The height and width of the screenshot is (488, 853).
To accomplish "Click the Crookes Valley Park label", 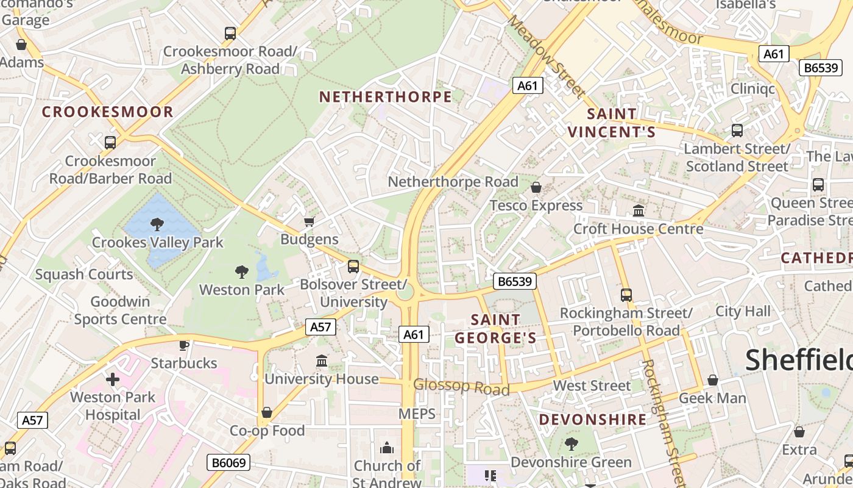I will (158, 242).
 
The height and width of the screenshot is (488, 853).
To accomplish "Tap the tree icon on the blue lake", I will (157, 224).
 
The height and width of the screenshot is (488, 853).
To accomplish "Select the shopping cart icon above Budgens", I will (310, 221).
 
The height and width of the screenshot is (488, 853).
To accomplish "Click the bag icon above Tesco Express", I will (536, 187).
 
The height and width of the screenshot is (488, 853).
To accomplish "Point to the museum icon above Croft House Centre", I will (639, 211).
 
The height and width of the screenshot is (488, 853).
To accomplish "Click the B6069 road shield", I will (229, 462).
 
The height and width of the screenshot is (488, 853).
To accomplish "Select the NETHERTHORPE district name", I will (386, 97).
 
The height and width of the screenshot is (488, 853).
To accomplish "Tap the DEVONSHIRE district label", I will (593, 420).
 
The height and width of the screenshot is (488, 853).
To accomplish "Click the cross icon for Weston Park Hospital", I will (113, 379).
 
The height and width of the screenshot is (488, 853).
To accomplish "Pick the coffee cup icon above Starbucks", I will (183, 345).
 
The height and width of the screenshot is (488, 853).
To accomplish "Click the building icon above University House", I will (322, 361).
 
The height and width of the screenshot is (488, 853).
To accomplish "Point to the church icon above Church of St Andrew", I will (387, 448).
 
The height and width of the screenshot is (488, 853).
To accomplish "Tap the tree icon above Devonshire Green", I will (571, 443).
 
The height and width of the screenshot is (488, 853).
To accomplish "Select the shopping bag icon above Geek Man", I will (712, 381).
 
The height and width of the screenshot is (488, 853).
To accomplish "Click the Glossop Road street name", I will (461, 386).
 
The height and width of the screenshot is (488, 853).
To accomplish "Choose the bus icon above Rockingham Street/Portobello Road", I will (626, 295).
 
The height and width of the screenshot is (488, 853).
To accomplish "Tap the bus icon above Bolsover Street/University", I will (353, 267).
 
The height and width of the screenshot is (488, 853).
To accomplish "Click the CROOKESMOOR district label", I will (108, 112).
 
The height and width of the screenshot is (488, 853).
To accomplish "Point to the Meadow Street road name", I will (545, 56).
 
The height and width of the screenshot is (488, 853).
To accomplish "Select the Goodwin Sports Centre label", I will (120, 310).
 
